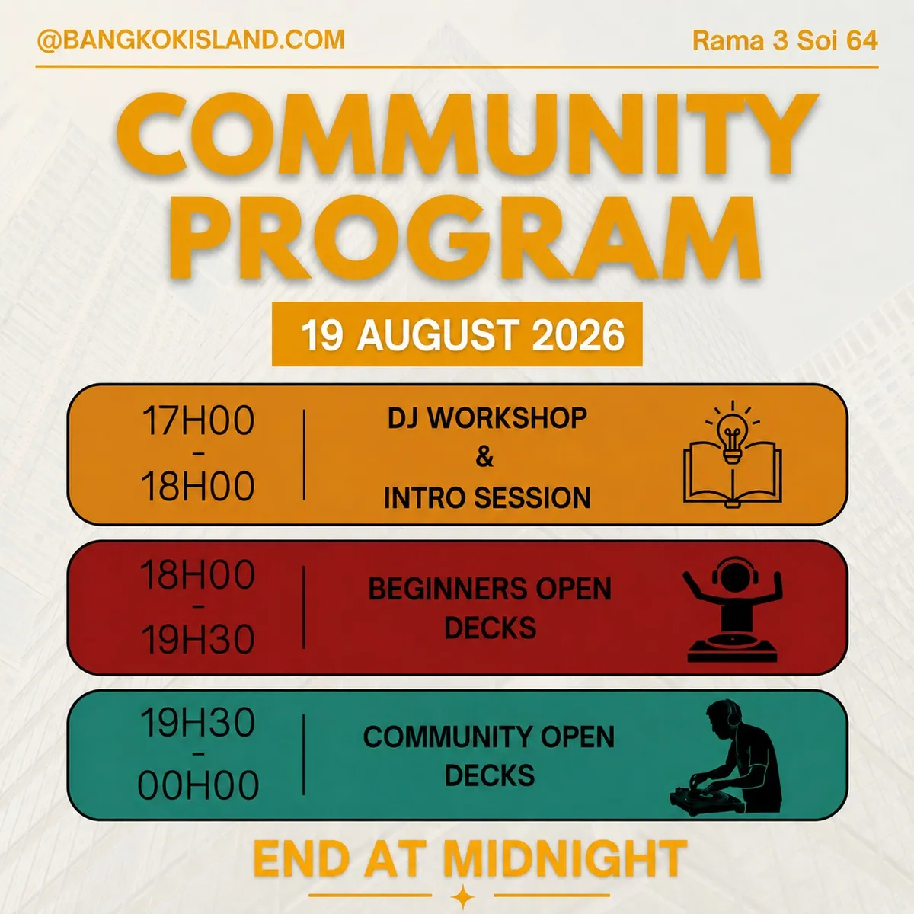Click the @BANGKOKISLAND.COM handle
(x=191, y=40)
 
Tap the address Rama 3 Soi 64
(x=785, y=40)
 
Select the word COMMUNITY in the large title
(x=467, y=135)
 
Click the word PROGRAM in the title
(x=465, y=238)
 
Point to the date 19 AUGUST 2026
(x=463, y=335)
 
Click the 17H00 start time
(x=198, y=420)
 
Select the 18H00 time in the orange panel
(x=198, y=486)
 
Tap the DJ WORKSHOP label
(x=487, y=418)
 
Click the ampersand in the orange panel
(x=484, y=457)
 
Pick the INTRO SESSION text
(x=487, y=497)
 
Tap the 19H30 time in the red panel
(x=198, y=640)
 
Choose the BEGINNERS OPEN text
(x=490, y=589)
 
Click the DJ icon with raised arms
(x=733, y=609)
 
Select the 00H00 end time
(x=198, y=785)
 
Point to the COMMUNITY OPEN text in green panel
(x=489, y=737)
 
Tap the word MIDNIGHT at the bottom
(x=564, y=858)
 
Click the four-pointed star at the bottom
(x=462, y=896)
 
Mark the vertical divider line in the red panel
(x=304, y=606)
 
